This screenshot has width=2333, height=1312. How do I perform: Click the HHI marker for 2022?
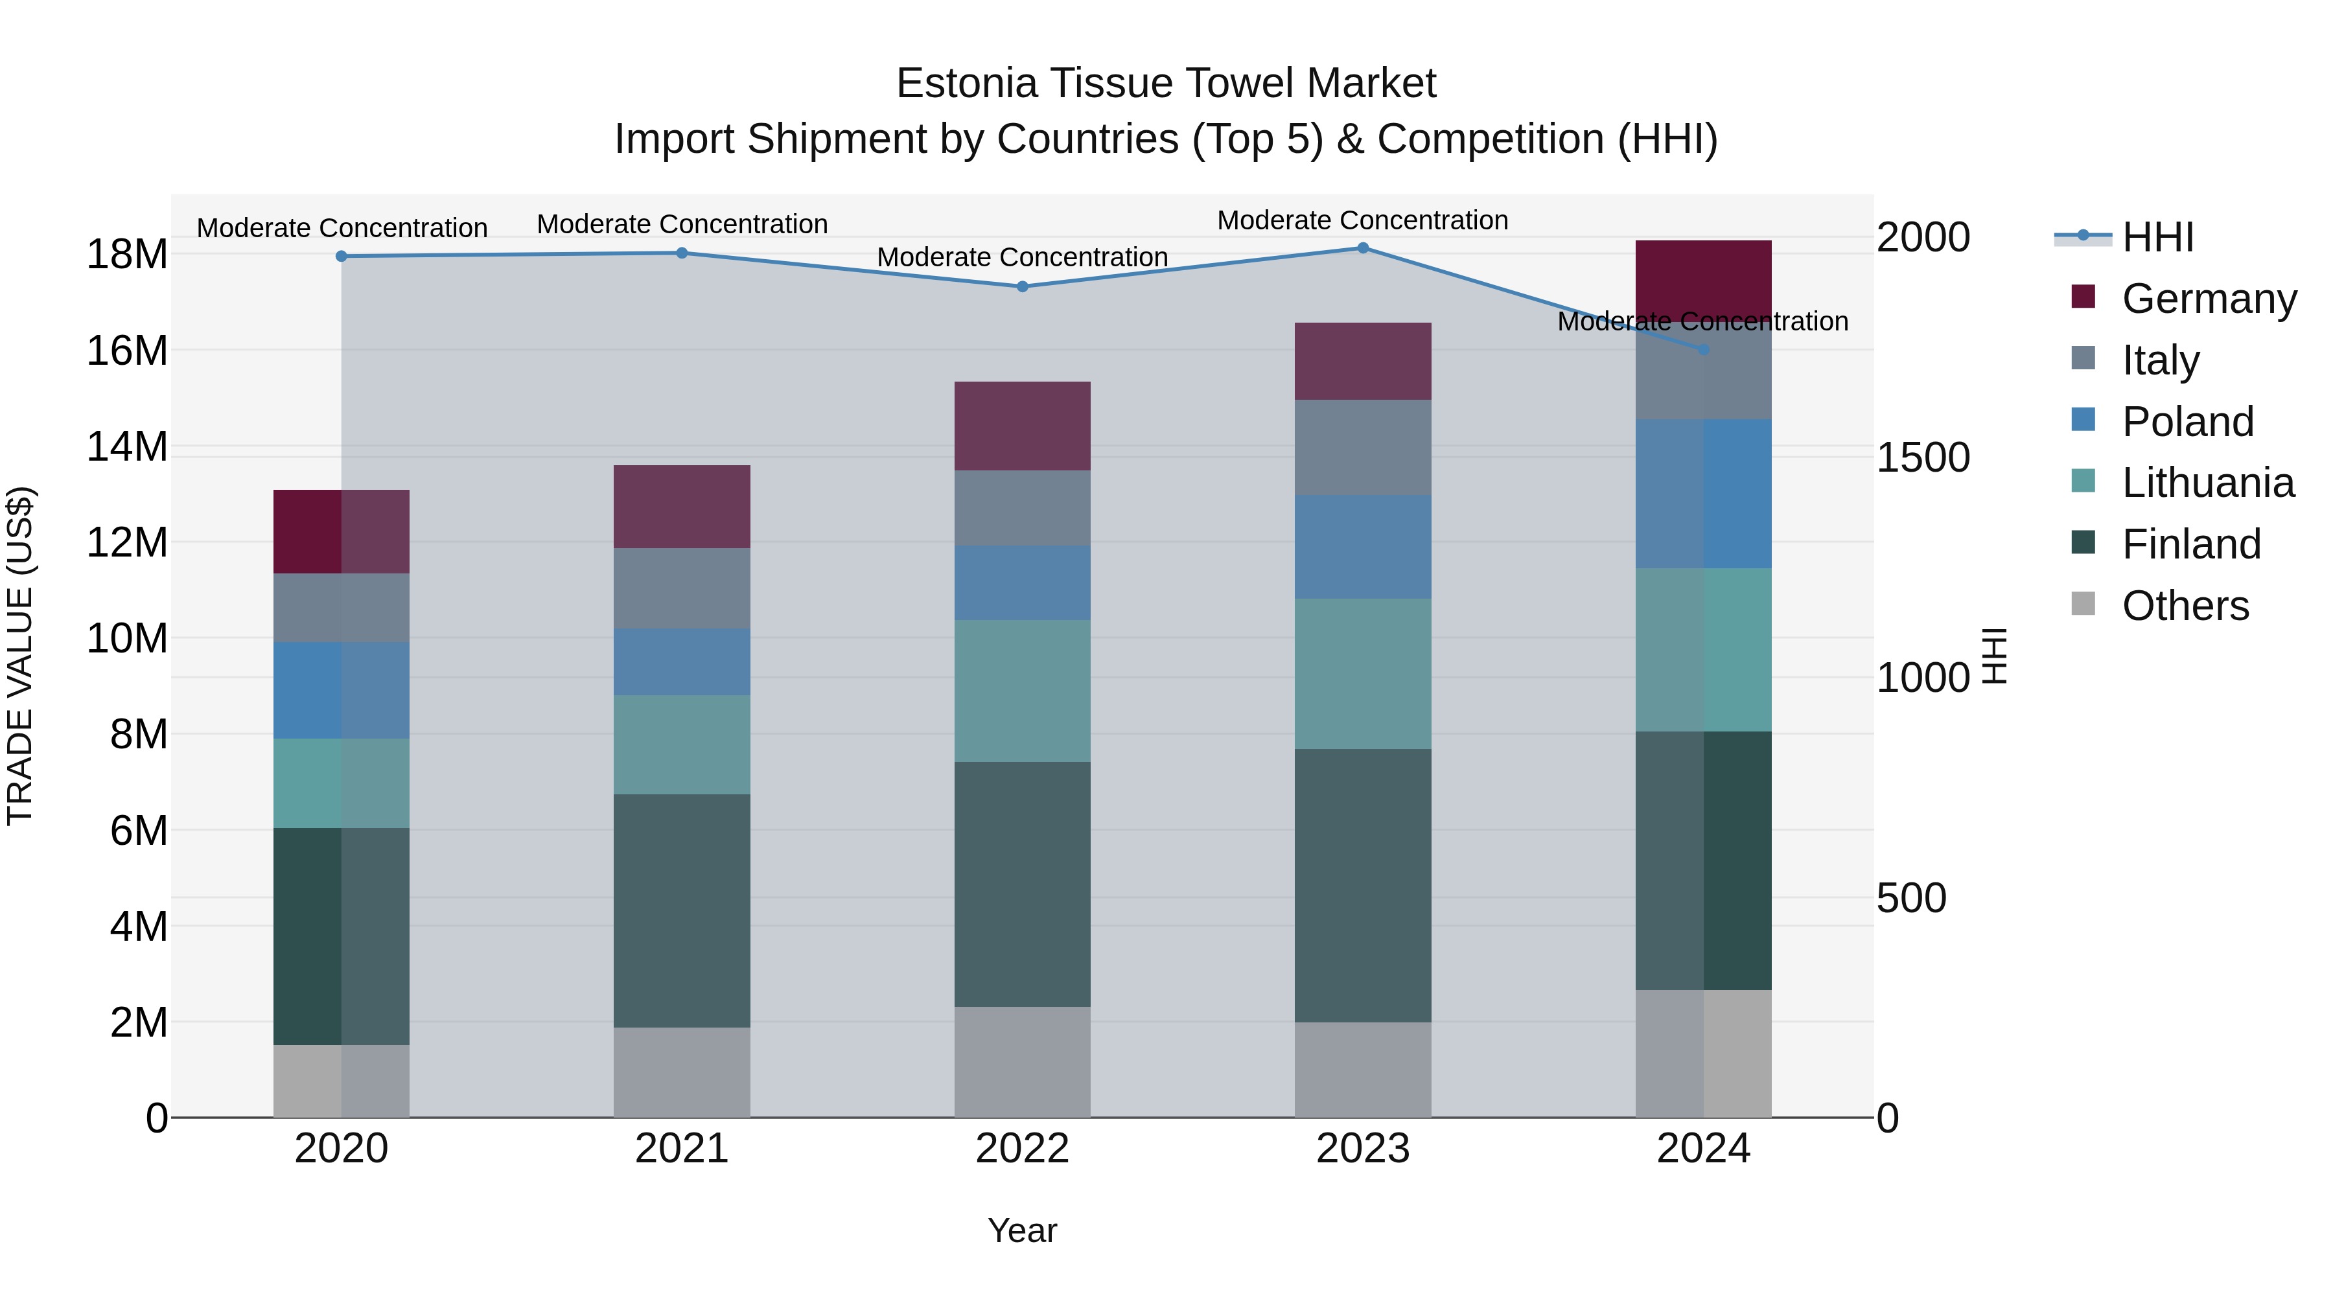coord(1023,286)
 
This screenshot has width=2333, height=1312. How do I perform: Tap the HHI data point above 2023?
coord(1363,248)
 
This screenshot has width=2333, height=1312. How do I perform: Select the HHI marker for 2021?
coord(682,253)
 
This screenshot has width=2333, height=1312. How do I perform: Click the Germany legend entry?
coord(2208,299)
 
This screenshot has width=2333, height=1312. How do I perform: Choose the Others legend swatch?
coord(2083,604)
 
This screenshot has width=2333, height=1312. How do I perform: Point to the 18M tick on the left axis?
coord(127,255)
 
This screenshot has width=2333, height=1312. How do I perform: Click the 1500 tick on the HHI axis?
coord(1923,457)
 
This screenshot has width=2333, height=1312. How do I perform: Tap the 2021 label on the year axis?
coord(682,1149)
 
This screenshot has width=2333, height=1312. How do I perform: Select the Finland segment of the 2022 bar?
coord(1023,884)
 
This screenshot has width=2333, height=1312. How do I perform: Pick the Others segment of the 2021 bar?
coord(682,1072)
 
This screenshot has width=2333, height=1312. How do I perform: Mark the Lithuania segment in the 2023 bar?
coord(1363,674)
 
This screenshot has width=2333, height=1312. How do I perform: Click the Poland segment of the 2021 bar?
coord(682,662)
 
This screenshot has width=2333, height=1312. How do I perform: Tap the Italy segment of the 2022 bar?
coord(1023,508)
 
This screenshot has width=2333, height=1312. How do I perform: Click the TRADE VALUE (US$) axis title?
coord(20,656)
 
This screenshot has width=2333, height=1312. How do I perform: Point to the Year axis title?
coord(1023,1230)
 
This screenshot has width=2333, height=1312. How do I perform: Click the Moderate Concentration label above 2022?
coord(1023,257)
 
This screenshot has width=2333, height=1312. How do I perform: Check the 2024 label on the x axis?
coord(1704,1149)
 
